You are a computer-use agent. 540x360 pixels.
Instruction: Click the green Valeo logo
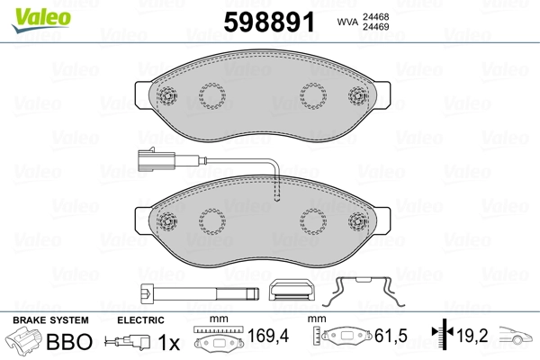[x=41, y=20]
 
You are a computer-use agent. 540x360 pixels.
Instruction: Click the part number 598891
[x=269, y=22]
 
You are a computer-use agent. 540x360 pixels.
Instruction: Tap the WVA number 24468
[x=375, y=17]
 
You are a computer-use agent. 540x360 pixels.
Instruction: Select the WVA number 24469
[x=375, y=27]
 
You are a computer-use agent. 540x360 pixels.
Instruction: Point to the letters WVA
[x=347, y=22]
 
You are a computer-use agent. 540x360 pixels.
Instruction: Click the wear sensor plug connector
[x=156, y=159]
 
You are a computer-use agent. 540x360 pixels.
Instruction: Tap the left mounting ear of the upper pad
[x=143, y=95]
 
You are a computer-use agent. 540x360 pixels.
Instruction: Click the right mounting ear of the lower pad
[x=382, y=221]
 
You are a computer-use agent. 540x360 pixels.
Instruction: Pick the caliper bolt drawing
[x=200, y=293]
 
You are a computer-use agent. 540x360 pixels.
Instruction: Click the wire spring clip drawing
[x=364, y=292]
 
